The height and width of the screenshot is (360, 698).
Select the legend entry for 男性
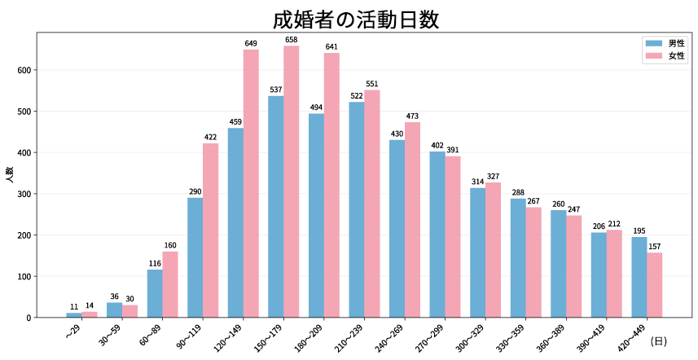[x=665, y=43]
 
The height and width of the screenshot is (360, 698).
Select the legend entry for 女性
[x=665, y=56]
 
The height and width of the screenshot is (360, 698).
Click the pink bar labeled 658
[x=292, y=182]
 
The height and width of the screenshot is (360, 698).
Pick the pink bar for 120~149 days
[x=252, y=183]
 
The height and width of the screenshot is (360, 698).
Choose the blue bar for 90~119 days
[x=195, y=257]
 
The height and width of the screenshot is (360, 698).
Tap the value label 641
[x=331, y=46]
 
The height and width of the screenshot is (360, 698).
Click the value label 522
[x=357, y=95]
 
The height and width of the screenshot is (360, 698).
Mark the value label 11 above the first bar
[x=74, y=306]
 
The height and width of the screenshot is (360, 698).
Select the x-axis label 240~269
[x=393, y=337]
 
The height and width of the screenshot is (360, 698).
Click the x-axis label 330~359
[x=513, y=337]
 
